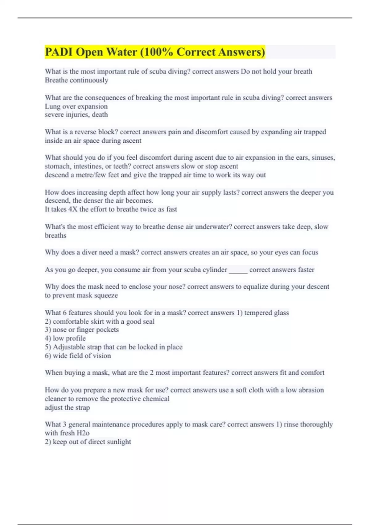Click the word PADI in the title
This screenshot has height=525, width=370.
point(59,52)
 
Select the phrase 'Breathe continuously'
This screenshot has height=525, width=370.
point(76,80)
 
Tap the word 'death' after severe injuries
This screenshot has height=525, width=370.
point(100,115)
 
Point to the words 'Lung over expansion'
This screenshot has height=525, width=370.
point(76,106)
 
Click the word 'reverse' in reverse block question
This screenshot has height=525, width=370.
point(85,132)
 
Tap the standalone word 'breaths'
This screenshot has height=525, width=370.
point(55,235)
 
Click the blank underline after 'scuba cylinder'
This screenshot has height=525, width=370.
point(238,270)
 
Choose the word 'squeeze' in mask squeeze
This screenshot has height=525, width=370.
point(105,295)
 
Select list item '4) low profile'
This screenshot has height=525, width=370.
point(65,338)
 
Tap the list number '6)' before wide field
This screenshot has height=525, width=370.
point(48,356)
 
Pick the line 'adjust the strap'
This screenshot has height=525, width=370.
point(67,408)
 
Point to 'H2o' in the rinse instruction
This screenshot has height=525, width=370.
point(83,433)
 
